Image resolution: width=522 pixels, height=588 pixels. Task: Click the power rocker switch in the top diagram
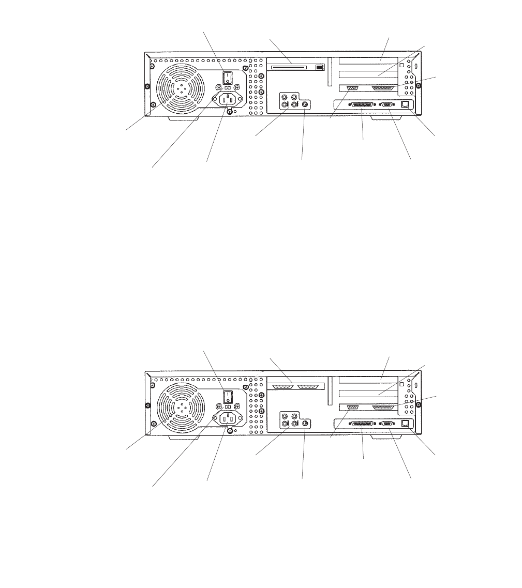(x=227, y=78)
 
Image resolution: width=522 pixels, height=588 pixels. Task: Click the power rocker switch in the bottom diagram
(x=227, y=397)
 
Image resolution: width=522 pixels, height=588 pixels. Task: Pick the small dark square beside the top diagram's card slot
(x=319, y=67)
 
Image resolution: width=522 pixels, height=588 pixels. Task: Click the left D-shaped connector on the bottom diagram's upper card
(x=282, y=386)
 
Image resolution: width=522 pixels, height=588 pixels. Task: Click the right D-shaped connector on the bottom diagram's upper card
(x=309, y=386)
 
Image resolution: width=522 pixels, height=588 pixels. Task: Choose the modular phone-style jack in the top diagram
(x=406, y=104)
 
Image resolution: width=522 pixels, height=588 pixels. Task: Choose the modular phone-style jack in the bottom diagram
(x=406, y=423)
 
